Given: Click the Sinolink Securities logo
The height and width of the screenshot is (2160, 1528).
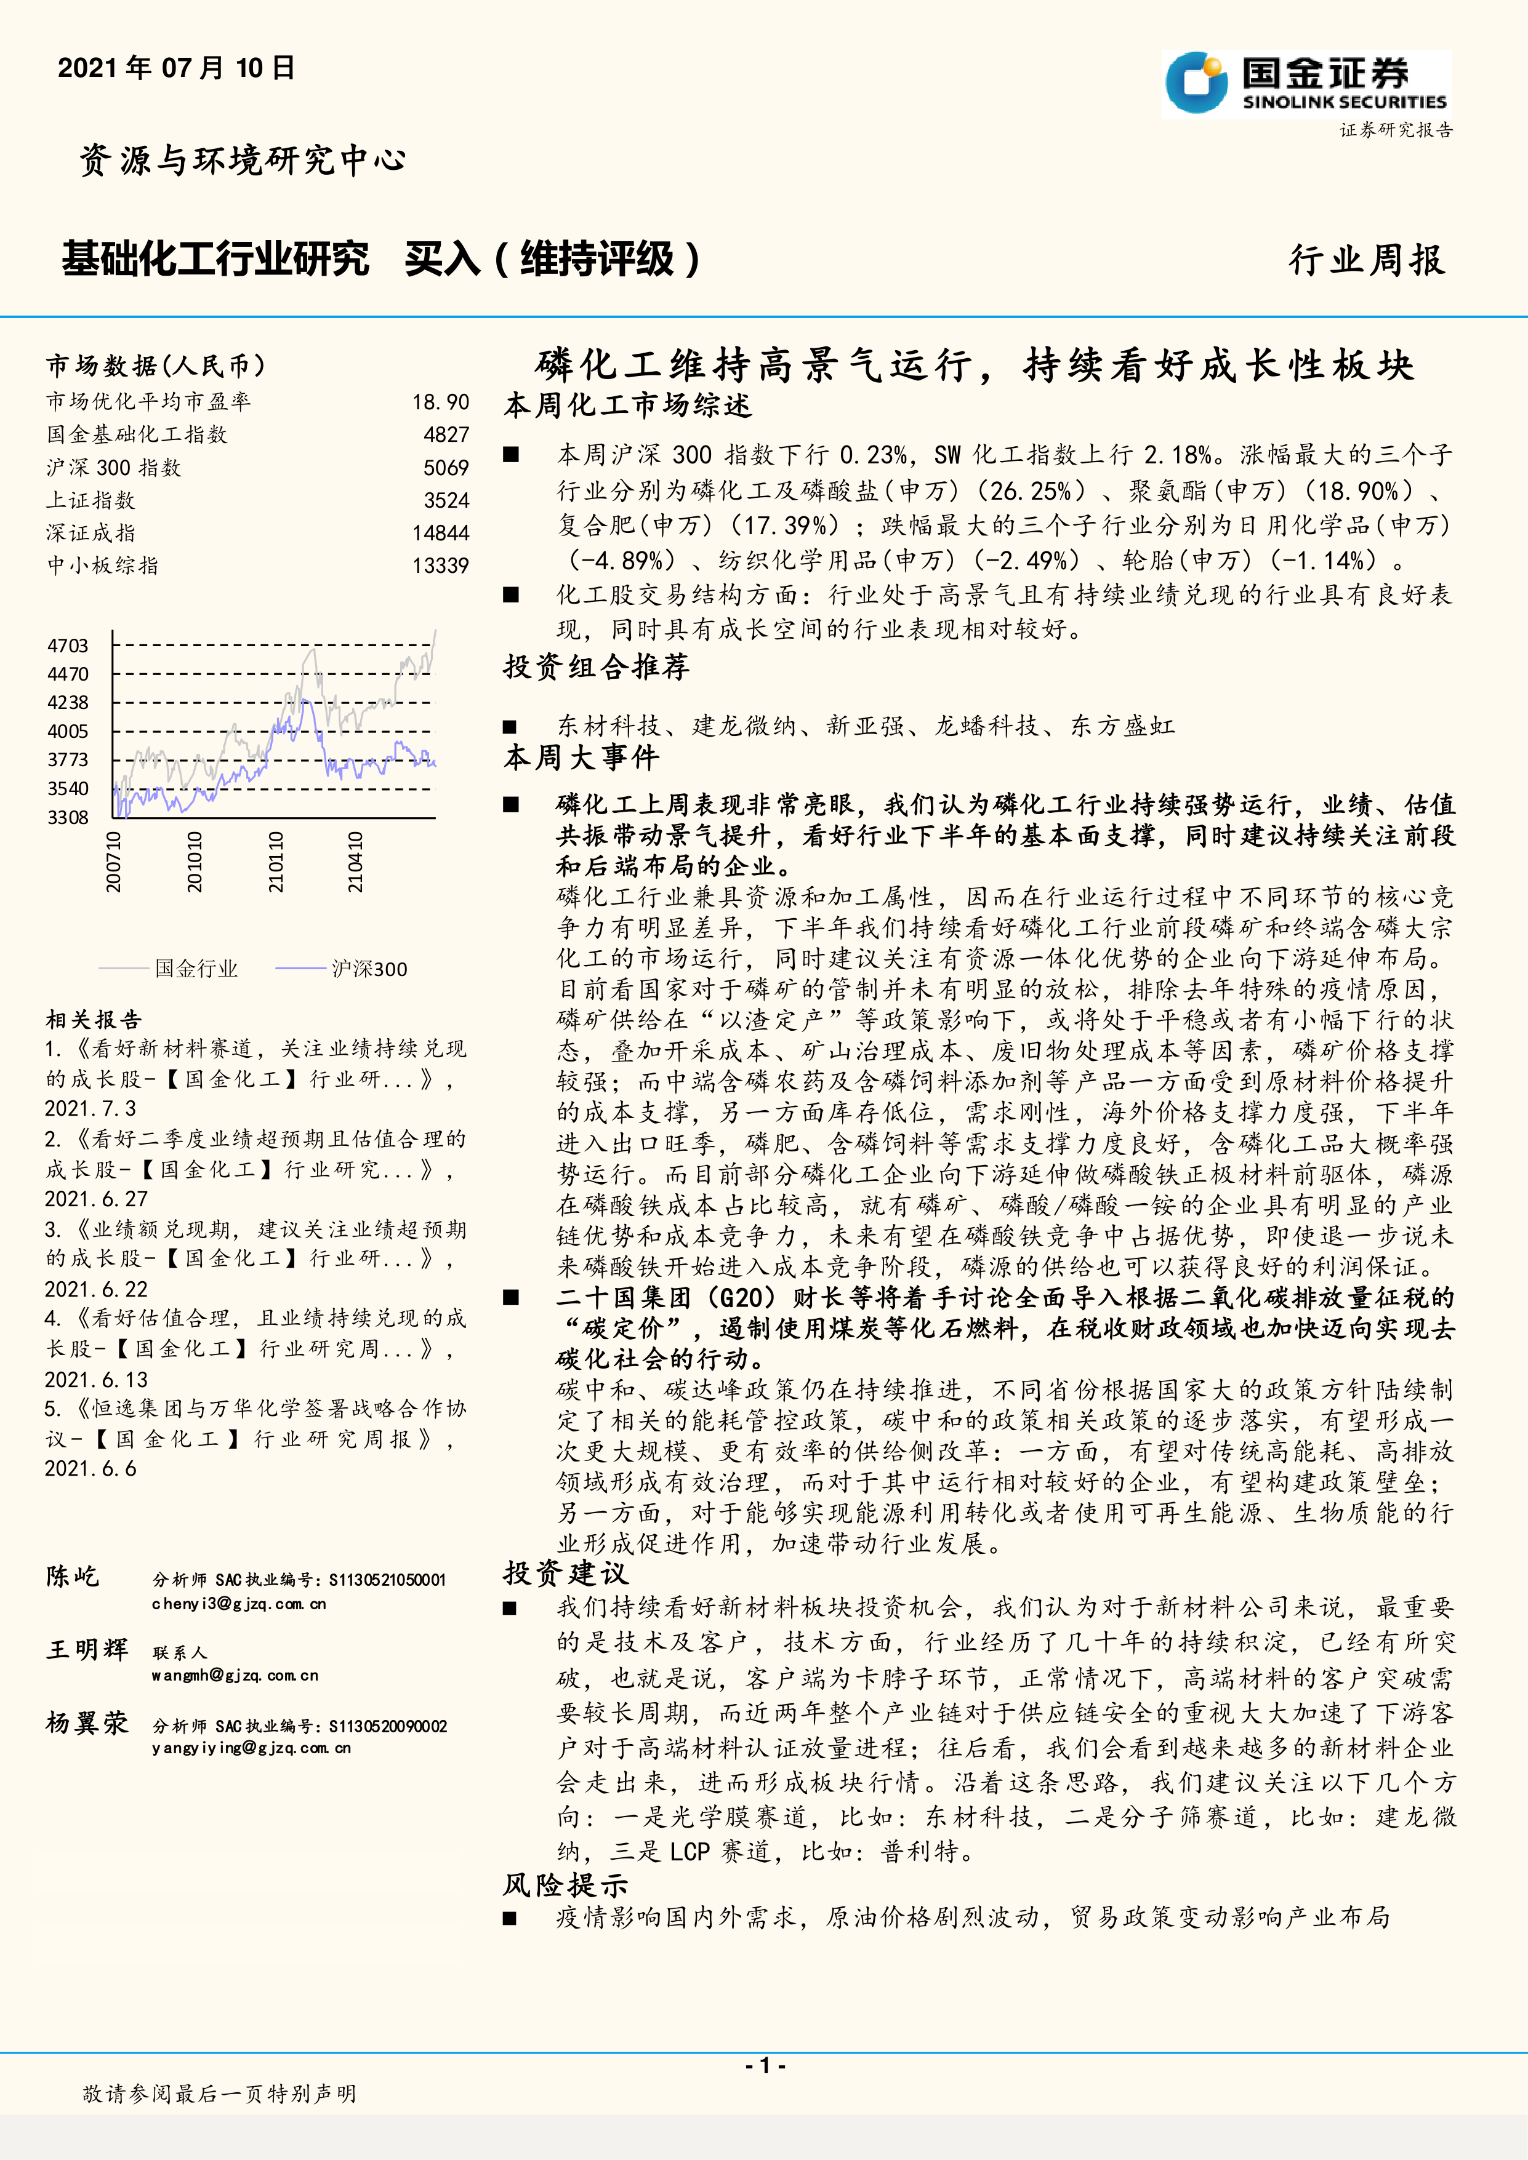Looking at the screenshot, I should coord(1306,85).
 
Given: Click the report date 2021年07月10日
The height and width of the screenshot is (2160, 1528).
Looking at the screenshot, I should coord(177,68).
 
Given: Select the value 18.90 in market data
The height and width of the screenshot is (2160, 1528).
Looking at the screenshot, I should coord(440,402).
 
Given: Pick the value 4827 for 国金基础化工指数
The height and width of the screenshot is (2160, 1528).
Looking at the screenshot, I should coord(446,434).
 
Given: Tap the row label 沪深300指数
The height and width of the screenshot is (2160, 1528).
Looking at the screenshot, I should coord(114,468).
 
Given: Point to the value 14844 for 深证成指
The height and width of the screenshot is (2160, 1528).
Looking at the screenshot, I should coord(440,532).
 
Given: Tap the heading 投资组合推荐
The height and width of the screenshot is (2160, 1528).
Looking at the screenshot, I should coord(597,667).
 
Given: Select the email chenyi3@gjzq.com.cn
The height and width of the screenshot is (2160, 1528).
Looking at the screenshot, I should coord(239,1604).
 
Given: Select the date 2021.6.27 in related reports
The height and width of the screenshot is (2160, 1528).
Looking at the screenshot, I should coord(96,1199).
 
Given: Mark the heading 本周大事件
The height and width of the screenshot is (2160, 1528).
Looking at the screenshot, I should coord(582,758).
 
